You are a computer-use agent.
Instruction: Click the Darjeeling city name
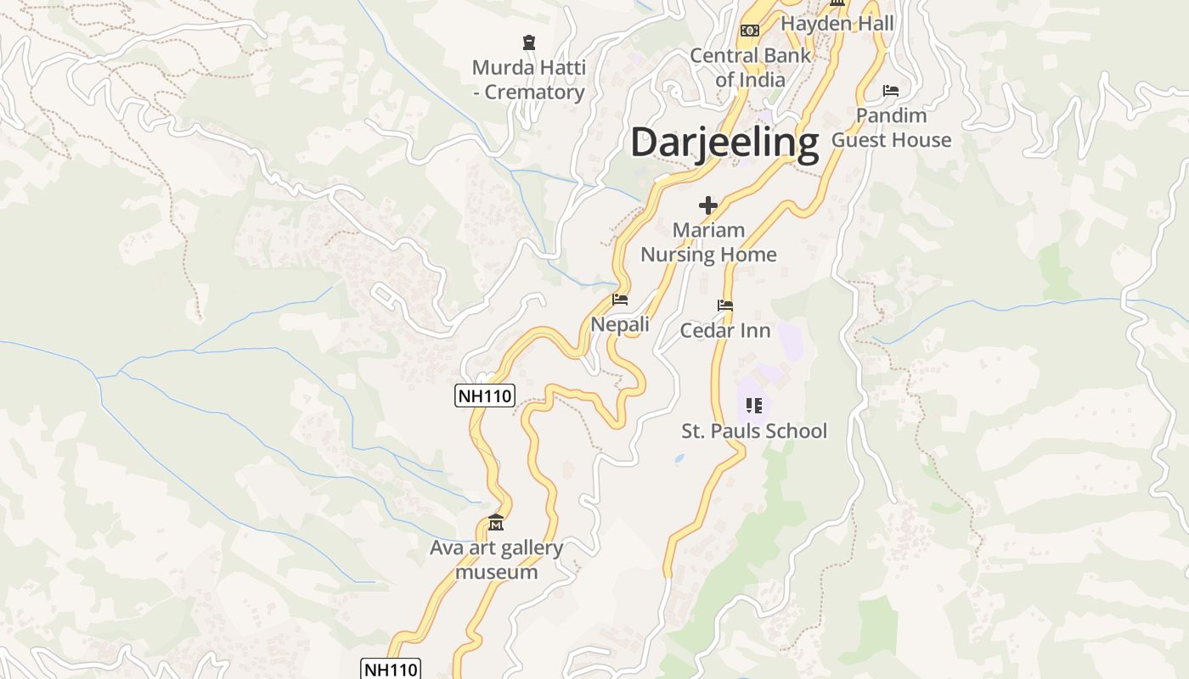[x=724, y=142]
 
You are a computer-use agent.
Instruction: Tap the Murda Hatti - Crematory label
[x=529, y=80]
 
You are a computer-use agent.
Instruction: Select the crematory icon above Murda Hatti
[x=529, y=42]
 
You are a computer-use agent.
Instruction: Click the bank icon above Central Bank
[x=750, y=30]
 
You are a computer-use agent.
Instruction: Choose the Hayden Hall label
[x=837, y=23]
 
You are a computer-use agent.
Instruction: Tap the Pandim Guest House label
[x=891, y=127]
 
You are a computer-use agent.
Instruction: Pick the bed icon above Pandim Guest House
[x=891, y=90]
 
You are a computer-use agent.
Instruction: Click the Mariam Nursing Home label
[x=708, y=242]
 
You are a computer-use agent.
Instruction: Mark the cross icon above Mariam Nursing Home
[x=708, y=205]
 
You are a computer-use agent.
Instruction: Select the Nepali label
[x=620, y=324]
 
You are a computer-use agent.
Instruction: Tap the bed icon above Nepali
[x=620, y=300]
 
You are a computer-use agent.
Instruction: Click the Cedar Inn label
[x=725, y=330]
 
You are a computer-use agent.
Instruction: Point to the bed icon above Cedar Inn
[x=725, y=306]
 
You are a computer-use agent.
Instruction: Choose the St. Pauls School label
[x=754, y=430]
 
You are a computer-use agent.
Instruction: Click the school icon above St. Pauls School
[x=754, y=406]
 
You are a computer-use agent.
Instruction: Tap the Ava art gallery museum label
[x=496, y=559]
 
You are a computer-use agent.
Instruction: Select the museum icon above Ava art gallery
[x=496, y=522]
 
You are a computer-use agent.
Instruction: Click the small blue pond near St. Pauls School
[x=679, y=458]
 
